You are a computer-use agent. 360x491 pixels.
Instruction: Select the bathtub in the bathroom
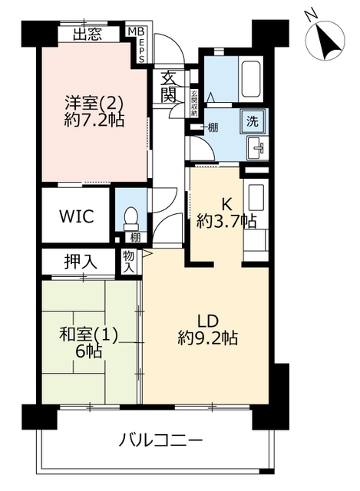pos(250,78)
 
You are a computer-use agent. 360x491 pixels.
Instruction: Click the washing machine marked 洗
pos(253,121)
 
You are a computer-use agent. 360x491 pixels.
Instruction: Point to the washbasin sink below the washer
pos(257,148)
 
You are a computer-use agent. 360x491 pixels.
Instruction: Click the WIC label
pos(77,216)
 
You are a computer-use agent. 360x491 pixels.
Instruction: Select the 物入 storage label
pos(129,261)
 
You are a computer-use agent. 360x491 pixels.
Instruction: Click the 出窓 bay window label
pos(88,34)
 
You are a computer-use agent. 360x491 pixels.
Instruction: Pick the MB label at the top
pos(137,31)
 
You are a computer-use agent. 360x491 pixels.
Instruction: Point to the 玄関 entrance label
pos(169,87)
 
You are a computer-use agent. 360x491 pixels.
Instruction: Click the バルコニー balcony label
pos(160,440)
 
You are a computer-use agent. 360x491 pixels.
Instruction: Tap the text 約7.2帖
pos(94,120)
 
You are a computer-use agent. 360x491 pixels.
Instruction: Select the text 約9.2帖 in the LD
pos(208,338)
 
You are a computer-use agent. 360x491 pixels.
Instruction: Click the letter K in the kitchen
pos(226,205)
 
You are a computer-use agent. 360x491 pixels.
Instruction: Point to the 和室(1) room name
pos(89,335)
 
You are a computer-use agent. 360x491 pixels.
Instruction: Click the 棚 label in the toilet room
pos(135,238)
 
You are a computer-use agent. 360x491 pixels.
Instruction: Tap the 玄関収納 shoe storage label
pos(194,104)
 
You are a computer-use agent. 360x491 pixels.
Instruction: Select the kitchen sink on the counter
pos(256,197)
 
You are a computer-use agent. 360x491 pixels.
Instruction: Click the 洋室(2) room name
pos(94,104)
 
